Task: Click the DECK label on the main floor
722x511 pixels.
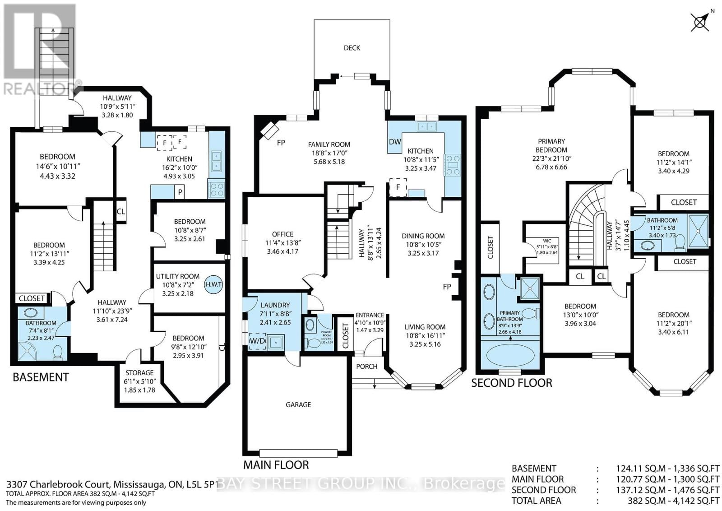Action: (x=352, y=48)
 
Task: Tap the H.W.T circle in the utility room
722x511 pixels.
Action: (x=213, y=284)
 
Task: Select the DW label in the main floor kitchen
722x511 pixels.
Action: (x=395, y=142)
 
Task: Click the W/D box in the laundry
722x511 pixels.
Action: (x=257, y=341)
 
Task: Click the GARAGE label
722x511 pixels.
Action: (x=298, y=405)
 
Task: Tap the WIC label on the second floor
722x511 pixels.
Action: (x=546, y=241)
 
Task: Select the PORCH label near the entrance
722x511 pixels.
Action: (x=366, y=366)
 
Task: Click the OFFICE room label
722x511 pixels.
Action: (x=282, y=234)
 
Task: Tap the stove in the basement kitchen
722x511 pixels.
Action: (x=216, y=188)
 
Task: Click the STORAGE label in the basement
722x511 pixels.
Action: (x=139, y=373)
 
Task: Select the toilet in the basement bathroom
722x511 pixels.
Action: (x=58, y=352)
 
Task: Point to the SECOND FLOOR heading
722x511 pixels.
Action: (x=512, y=383)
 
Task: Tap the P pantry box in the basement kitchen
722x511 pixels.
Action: (x=180, y=192)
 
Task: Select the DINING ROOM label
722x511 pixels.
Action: (x=423, y=236)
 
